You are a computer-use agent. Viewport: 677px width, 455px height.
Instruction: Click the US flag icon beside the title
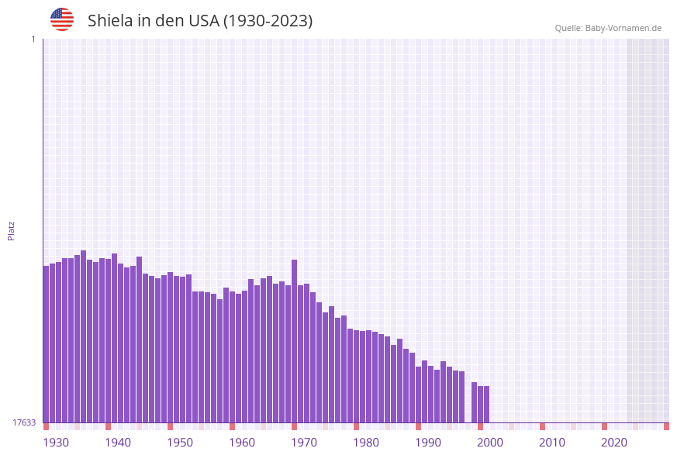pos(62,19)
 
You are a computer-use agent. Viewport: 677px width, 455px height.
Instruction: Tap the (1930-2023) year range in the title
pos(268,21)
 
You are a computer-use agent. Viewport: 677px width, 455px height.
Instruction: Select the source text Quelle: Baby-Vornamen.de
pos(608,28)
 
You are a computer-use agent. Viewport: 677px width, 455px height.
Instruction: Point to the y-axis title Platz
pos(12,230)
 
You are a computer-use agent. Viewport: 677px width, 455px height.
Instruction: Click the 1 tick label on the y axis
pos(33,39)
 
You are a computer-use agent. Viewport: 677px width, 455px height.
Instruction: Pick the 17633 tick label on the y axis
pos(24,422)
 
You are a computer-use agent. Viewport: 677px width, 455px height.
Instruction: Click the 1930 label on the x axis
pos(56,443)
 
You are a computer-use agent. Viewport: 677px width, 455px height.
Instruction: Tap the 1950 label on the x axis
pos(180,443)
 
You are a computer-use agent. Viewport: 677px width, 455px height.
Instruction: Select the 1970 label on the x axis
pos(304,443)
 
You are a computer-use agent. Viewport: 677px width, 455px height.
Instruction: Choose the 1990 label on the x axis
pos(428,443)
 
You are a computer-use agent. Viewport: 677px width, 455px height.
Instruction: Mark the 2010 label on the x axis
pos(552,443)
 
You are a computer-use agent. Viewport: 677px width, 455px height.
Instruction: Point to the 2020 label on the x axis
pos(614,443)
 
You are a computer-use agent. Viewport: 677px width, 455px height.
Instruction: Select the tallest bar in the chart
pos(84,336)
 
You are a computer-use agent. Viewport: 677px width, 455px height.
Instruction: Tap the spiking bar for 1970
pos(295,341)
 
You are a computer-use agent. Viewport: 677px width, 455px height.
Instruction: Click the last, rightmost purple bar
pos(487,404)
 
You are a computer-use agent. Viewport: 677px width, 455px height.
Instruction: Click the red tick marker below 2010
pos(543,426)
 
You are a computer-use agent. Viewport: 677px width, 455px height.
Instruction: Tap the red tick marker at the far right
pos(666,426)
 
